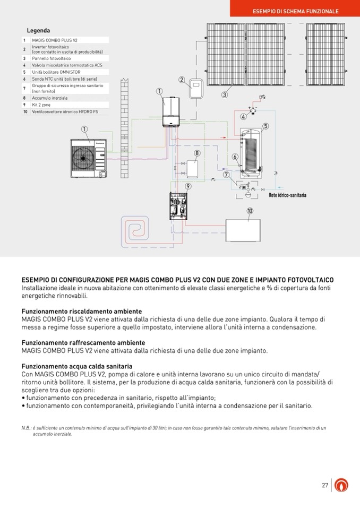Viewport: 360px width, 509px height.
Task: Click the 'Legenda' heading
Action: click(x=38, y=31)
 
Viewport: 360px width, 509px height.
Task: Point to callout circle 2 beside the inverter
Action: click(x=182, y=80)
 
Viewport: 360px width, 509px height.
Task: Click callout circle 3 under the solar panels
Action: click(x=225, y=95)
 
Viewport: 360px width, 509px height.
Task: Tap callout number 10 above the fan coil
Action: click(x=250, y=211)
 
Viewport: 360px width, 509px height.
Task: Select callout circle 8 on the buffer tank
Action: click(x=197, y=153)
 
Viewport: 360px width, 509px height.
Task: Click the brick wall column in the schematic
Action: click(x=125, y=127)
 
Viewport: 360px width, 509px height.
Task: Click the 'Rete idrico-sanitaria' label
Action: click(x=287, y=195)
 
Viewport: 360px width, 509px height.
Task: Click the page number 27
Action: click(x=325, y=485)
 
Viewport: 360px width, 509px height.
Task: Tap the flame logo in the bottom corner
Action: click(x=343, y=485)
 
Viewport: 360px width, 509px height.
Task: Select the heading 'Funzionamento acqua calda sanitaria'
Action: click(x=77, y=367)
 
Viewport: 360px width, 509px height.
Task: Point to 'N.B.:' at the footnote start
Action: click(x=27, y=428)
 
